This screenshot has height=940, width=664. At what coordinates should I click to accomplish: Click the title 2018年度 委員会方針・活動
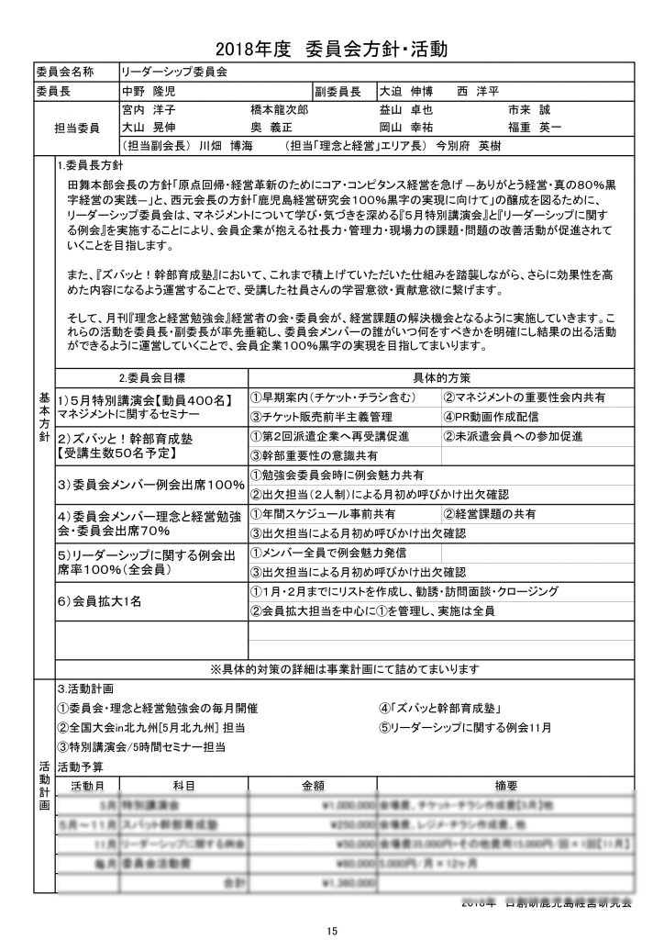tap(332, 48)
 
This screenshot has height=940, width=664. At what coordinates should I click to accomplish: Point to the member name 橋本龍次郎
tap(280, 108)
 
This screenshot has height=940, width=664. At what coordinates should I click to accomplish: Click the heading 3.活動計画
tap(84, 688)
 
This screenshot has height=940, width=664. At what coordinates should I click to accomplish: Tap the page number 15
tap(332, 930)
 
